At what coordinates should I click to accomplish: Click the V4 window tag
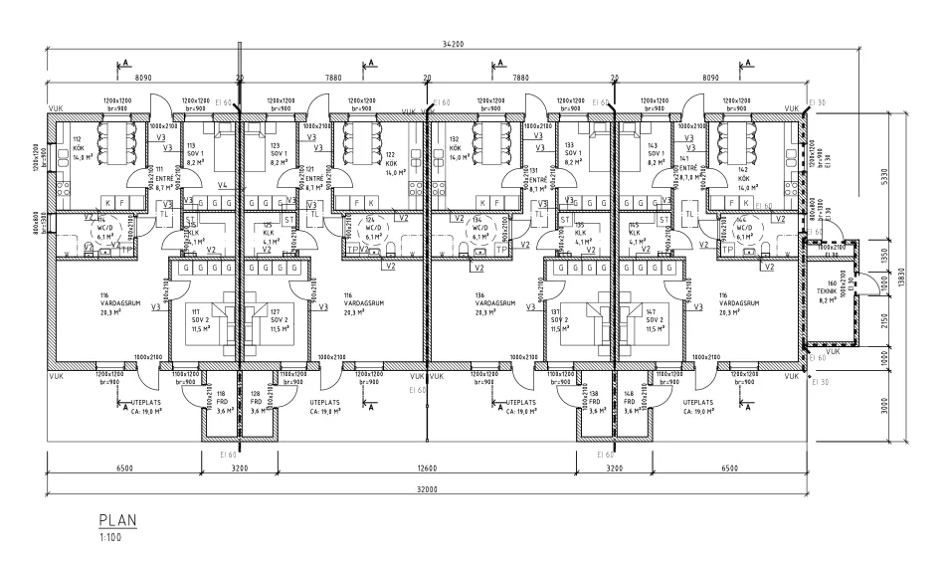coord(223,185)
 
